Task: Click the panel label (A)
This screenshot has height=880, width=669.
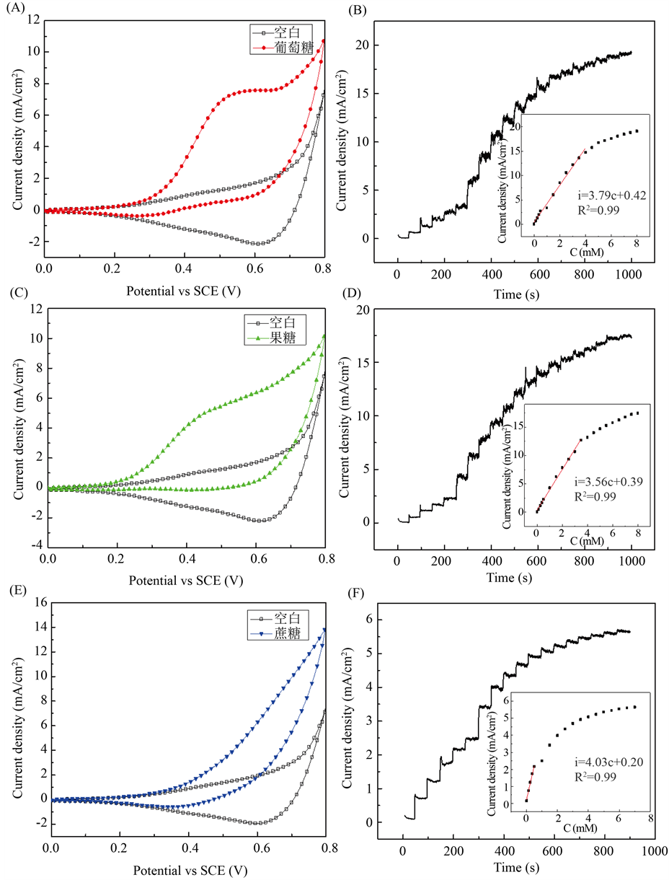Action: click(x=12, y=10)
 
